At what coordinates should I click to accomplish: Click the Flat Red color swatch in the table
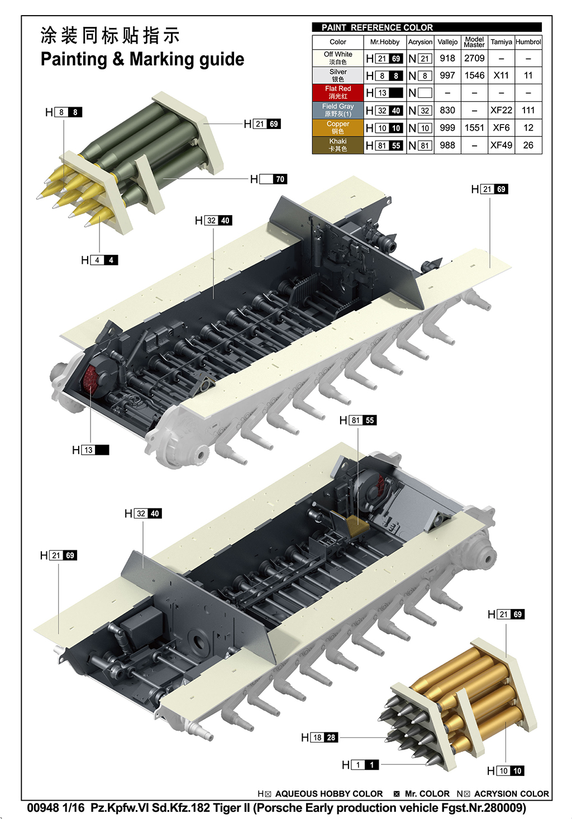point(337,93)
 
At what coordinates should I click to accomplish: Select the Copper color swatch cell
point(337,127)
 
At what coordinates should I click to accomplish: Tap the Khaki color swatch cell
point(337,145)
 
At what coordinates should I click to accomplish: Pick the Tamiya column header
point(501,42)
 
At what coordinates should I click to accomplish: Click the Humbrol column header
point(528,42)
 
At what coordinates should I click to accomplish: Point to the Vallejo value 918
point(447,58)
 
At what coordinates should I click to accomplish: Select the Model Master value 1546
point(474,75)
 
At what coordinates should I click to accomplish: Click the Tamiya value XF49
point(501,145)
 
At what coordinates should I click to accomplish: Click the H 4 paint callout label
point(99,260)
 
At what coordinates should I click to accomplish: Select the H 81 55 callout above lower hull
point(358,420)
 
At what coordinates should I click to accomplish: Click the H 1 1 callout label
point(360,765)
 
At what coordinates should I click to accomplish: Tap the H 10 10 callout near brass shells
point(506,771)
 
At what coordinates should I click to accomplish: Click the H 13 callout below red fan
point(90,450)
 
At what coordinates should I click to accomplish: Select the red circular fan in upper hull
point(91,379)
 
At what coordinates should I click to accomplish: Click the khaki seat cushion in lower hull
point(357,523)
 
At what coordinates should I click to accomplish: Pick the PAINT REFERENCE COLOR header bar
point(427,27)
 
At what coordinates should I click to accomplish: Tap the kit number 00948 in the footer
point(43,808)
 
